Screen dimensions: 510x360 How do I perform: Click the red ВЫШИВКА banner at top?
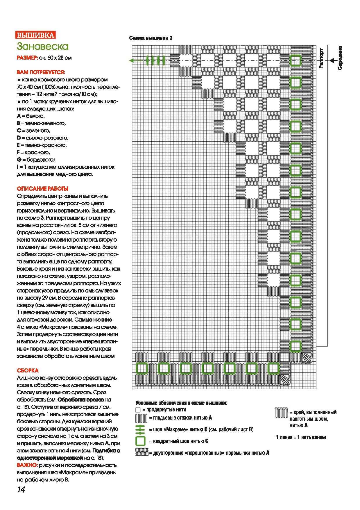click(35, 35)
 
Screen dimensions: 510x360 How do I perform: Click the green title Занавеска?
click(42, 46)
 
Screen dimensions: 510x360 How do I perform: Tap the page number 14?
click(21, 490)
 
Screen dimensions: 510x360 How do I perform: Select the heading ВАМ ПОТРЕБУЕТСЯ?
click(41, 72)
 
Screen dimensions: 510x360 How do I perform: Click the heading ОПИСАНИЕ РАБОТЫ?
click(43, 188)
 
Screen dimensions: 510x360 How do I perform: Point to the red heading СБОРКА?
click(28, 370)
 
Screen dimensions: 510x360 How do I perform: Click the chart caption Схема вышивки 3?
click(151, 38)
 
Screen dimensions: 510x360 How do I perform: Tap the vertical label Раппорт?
click(321, 58)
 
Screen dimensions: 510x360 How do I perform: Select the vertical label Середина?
click(340, 58)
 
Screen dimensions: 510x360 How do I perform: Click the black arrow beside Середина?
click(332, 60)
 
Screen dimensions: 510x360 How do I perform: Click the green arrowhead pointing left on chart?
click(132, 60)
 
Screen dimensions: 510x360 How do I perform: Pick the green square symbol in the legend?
click(140, 441)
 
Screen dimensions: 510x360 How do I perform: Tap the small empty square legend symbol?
click(138, 410)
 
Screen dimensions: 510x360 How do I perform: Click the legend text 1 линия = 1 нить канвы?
click(300, 437)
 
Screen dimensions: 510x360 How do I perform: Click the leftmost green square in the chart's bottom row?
click(142, 368)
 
